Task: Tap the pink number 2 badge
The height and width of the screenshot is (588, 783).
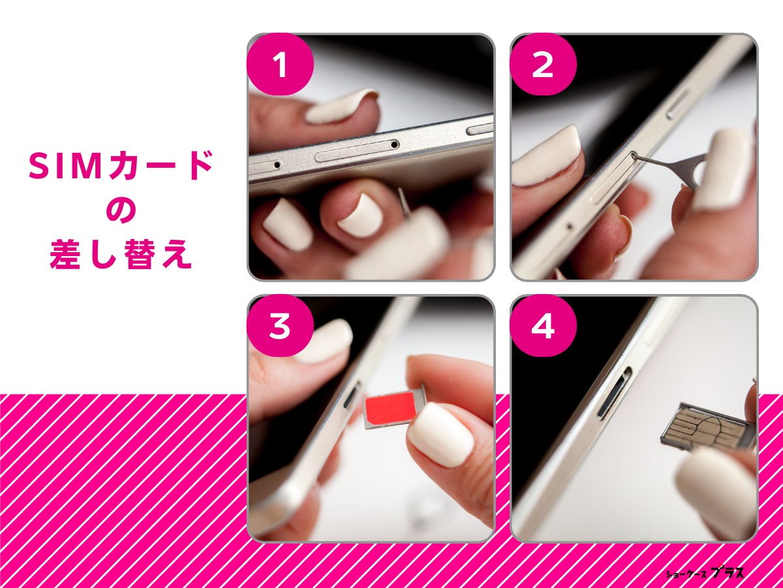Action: point(543,65)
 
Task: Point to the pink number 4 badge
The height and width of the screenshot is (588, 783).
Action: point(543,326)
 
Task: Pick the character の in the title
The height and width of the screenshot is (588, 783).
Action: point(121,212)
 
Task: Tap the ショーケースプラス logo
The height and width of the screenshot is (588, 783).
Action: point(705,573)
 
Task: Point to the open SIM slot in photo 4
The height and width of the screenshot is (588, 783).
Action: point(615,392)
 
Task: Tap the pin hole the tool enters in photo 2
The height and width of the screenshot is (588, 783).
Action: point(634,155)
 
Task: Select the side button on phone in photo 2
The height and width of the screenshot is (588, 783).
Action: point(679,105)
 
